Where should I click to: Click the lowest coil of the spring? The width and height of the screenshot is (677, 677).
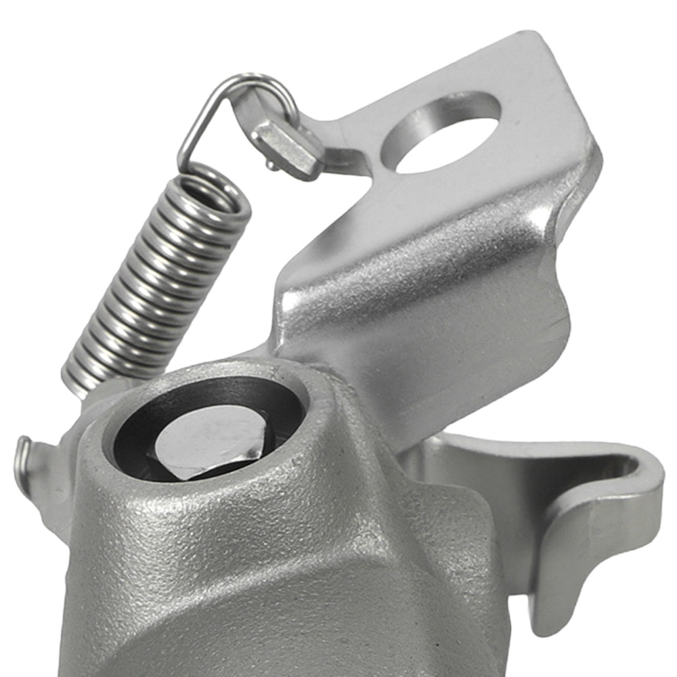pos(85,379)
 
